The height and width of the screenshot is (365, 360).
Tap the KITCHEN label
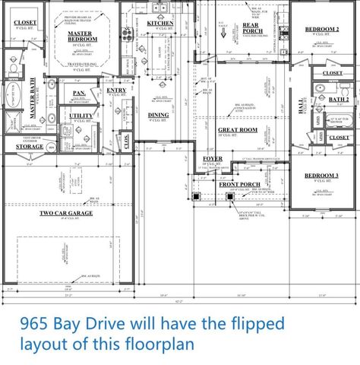pos(160,24)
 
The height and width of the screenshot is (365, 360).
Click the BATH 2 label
pos(338,100)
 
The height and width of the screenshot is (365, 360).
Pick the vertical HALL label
pos(302,113)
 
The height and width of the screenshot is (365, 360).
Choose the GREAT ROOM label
pos(238,130)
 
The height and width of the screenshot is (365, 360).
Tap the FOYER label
pos(212,159)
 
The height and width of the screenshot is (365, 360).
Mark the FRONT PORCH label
pos(240,184)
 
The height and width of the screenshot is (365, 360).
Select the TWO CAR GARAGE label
pos(68,214)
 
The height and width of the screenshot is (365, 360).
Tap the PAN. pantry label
pos(79,93)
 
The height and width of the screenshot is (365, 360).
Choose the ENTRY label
pos(116,90)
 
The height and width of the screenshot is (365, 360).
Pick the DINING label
pos(158,114)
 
